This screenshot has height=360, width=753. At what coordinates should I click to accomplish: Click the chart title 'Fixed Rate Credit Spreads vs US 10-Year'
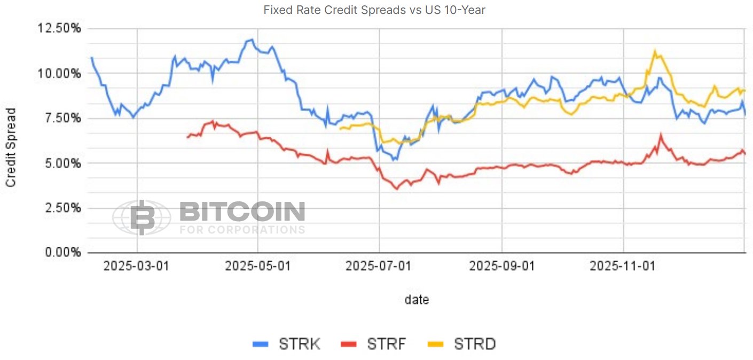(x=374, y=10)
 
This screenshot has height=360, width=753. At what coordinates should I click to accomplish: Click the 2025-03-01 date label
(x=136, y=265)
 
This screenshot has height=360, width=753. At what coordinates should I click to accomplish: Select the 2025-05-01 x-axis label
(x=258, y=265)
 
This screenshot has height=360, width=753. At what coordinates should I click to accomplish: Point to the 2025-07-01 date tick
(x=379, y=265)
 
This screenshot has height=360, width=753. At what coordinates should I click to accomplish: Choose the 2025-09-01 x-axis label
(x=501, y=265)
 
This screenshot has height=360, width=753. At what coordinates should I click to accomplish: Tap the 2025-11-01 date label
(x=623, y=265)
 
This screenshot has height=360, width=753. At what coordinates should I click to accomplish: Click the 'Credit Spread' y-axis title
(x=11, y=147)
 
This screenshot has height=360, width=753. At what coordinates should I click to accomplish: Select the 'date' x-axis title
(x=417, y=300)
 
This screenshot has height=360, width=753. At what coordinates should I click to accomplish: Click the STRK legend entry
(x=287, y=344)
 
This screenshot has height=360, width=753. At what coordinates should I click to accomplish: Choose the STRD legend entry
(x=462, y=344)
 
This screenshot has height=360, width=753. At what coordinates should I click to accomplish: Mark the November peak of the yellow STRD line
(x=655, y=51)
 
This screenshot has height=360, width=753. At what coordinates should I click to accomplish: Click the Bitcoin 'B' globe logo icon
(x=142, y=217)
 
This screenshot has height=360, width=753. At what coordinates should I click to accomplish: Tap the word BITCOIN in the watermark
(x=242, y=212)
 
